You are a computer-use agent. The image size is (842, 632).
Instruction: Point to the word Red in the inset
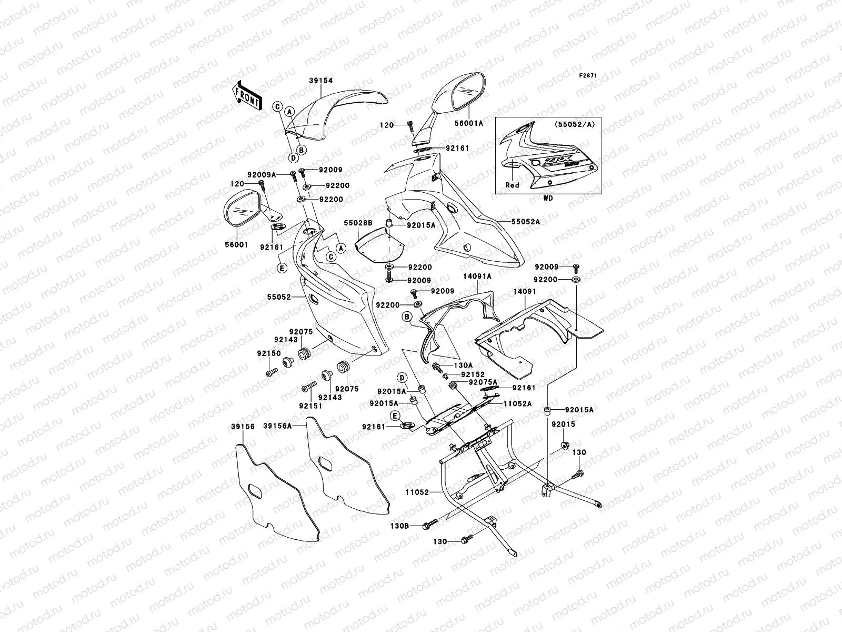[512, 185]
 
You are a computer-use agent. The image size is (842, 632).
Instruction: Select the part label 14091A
[477, 276]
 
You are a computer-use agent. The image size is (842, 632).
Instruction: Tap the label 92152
[473, 374]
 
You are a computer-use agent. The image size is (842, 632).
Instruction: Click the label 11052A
[519, 403]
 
